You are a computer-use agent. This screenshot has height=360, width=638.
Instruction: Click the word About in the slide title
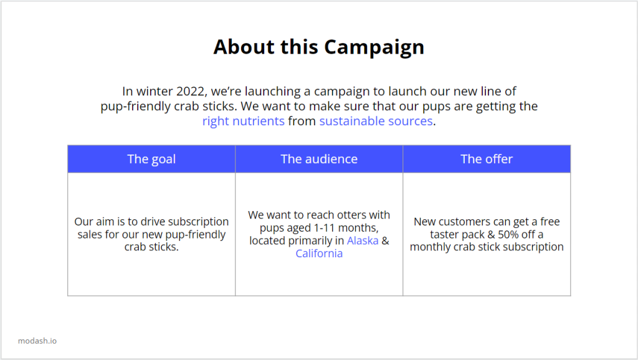tap(244, 47)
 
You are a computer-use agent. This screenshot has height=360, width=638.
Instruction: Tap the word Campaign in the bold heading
tap(374, 47)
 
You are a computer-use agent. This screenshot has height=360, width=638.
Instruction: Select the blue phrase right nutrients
tap(244, 121)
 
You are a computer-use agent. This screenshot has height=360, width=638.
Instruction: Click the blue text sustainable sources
tap(376, 121)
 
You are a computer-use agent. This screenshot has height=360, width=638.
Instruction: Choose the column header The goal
tap(151, 159)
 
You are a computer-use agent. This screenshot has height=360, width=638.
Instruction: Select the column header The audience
tap(319, 159)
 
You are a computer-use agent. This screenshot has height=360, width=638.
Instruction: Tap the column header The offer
tap(487, 159)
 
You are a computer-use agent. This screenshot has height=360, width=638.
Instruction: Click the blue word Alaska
tap(363, 241)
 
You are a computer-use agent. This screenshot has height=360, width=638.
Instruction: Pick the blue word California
tap(319, 253)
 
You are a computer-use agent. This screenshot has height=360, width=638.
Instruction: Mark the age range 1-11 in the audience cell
tap(324, 228)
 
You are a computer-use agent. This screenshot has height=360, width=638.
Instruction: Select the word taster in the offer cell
tap(444, 235)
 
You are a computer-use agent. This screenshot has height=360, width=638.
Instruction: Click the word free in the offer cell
tap(550, 222)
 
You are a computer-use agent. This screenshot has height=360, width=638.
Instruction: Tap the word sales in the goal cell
tap(90, 235)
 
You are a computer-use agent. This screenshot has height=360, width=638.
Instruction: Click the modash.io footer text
tap(37, 341)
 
